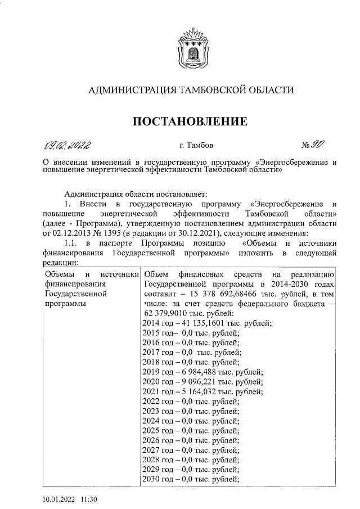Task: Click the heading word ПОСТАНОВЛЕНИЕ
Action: (x=190, y=121)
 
